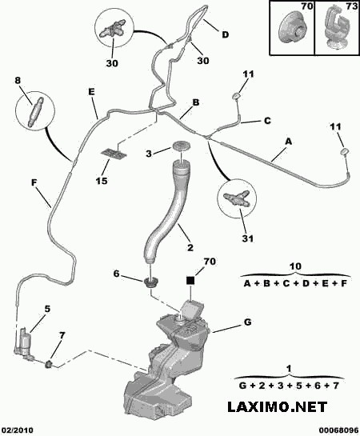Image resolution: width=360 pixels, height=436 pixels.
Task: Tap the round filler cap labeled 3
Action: tap(182, 145)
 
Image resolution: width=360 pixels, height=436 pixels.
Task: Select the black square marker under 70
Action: tap(190, 281)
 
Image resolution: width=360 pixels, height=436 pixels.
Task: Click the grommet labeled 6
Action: tap(150, 282)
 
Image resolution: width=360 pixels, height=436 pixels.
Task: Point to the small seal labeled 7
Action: tap(49, 363)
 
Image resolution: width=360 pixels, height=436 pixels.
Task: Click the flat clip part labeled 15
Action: tap(114, 154)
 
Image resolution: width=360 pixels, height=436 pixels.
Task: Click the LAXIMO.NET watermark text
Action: tap(277, 407)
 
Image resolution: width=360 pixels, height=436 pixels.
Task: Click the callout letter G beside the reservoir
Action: tap(247, 322)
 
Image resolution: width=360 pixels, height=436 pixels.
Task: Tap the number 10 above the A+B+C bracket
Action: tap(295, 266)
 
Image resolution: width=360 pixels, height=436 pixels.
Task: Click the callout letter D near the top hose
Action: tap(225, 34)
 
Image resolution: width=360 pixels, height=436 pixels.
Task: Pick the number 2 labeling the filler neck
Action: tap(190, 247)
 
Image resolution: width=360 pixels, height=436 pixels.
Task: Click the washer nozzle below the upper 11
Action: tap(236, 96)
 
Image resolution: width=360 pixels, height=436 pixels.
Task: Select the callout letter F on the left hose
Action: tap(34, 182)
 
